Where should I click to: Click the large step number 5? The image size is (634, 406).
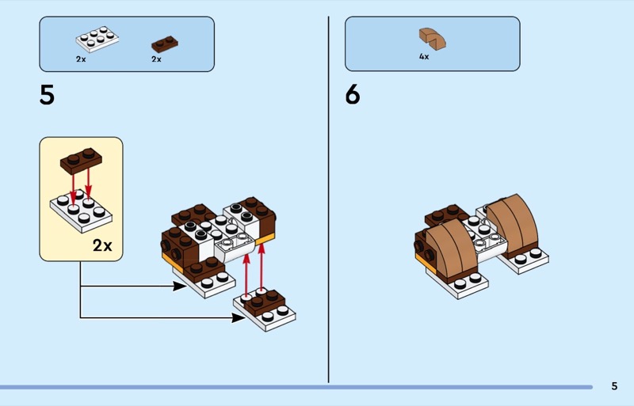click(48, 96)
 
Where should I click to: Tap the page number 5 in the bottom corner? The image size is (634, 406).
click(614, 386)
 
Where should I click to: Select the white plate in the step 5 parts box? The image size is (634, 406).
click(97, 40)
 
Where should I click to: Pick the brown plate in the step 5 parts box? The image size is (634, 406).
click(165, 44)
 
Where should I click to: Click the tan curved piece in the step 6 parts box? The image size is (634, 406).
click(432, 37)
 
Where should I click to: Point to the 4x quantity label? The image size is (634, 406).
click(424, 57)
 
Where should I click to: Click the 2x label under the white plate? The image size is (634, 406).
click(81, 59)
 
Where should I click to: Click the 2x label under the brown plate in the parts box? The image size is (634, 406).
click(156, 59)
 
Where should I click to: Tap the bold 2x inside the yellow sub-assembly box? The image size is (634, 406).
click(102, 245)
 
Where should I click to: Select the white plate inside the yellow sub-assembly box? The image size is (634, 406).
click(82, 209)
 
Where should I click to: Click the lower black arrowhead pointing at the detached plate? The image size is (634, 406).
click(239, 318)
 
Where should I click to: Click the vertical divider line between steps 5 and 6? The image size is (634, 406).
click(328, 198)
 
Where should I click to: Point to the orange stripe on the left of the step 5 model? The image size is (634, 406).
click(169, 260)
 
